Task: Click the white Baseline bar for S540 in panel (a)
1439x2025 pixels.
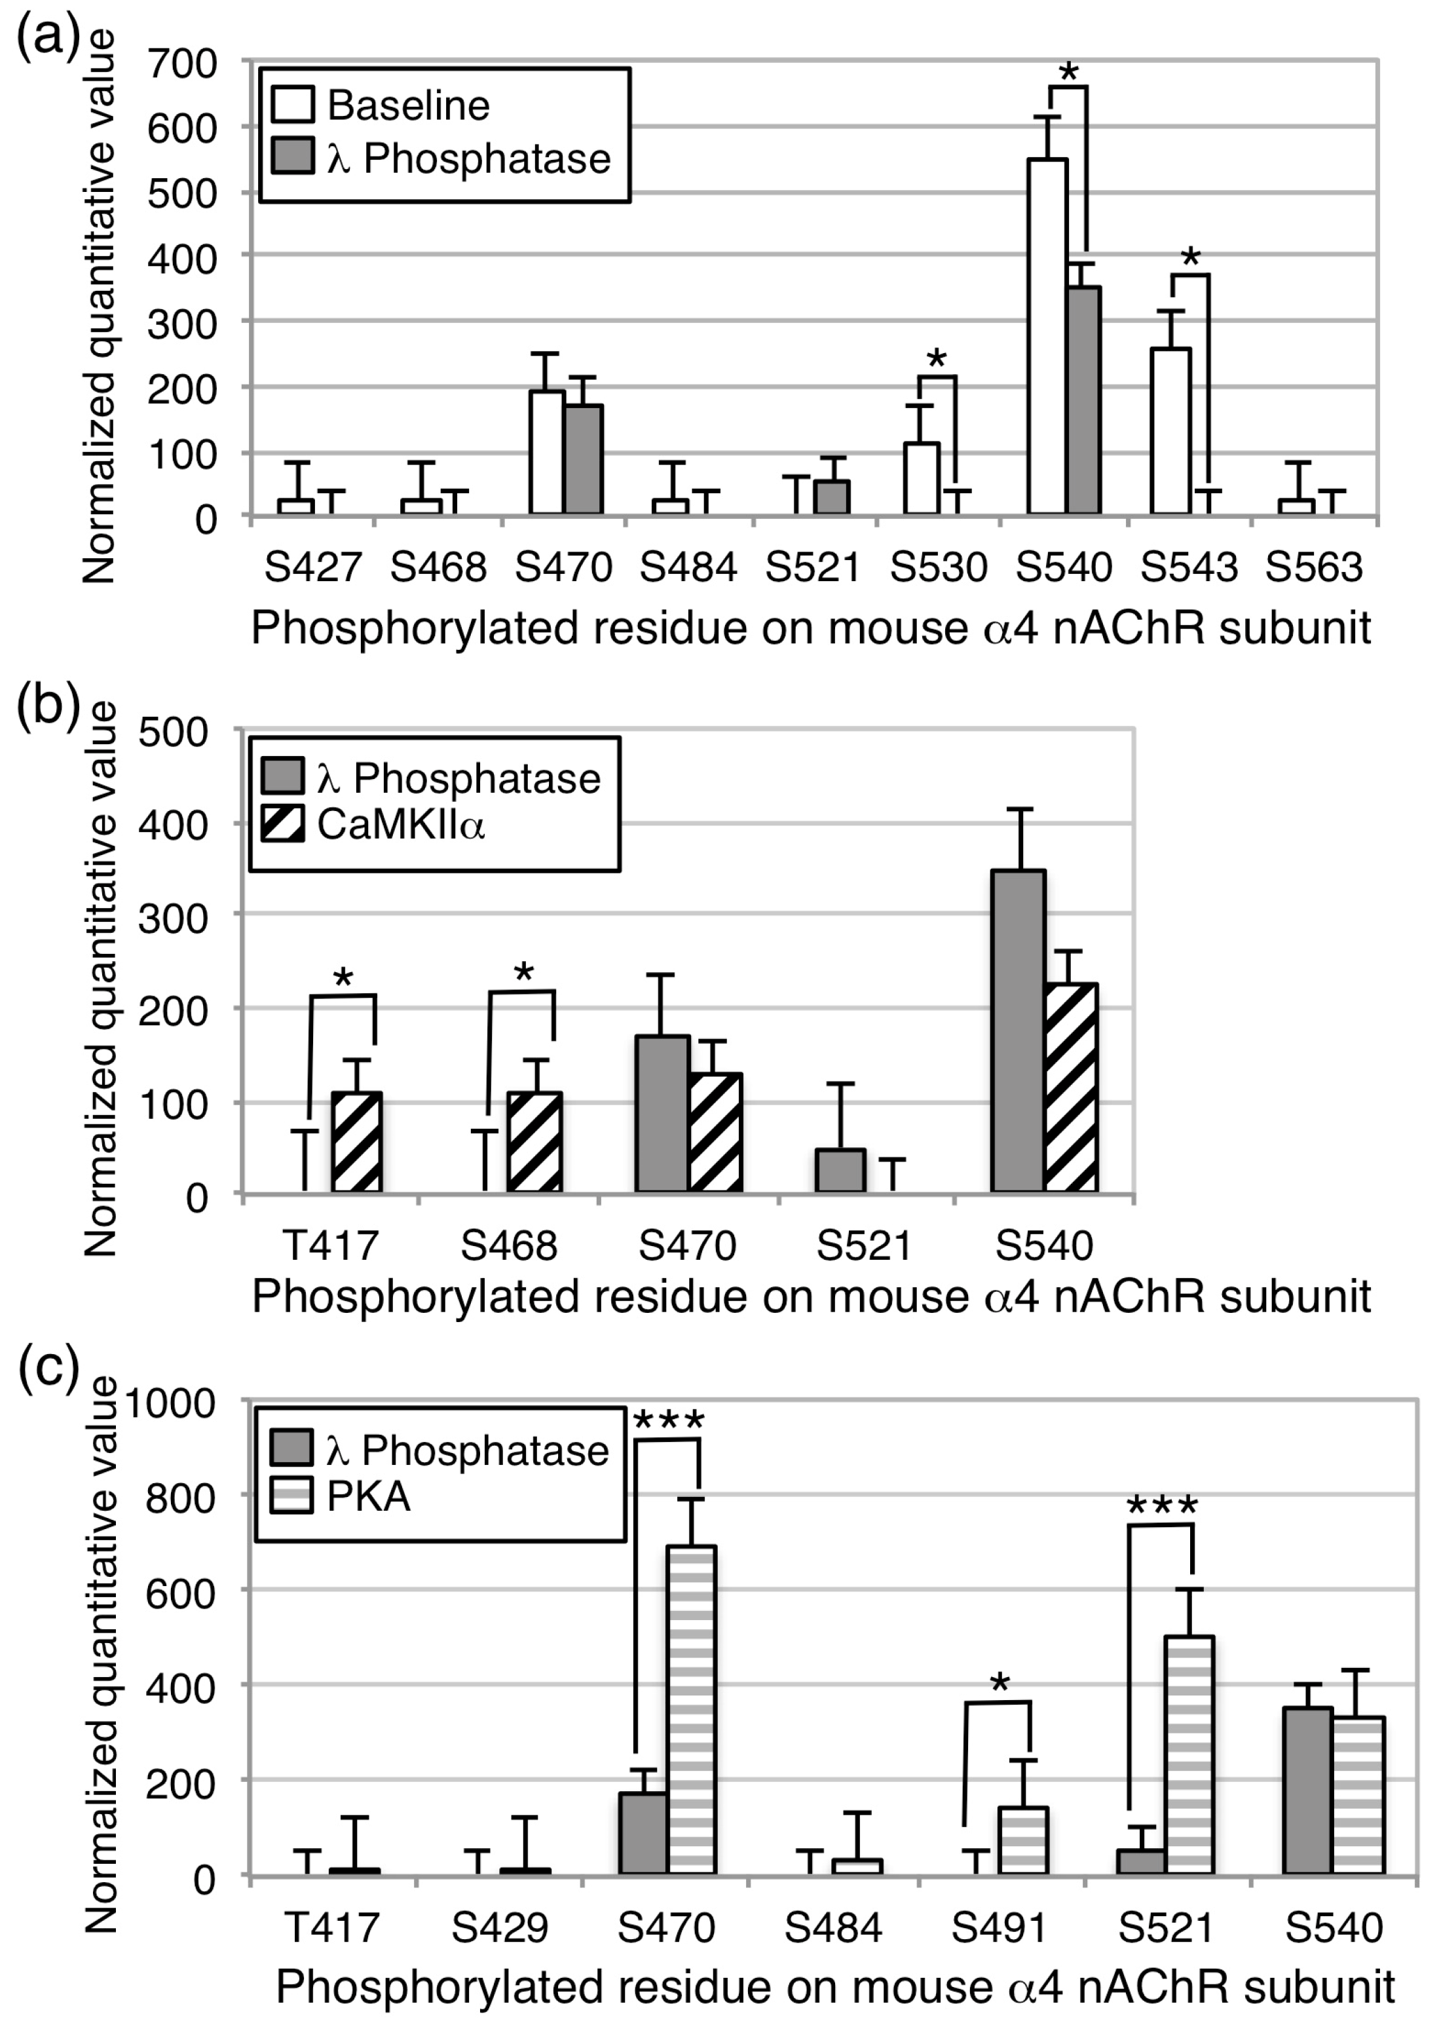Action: click(1047, 337)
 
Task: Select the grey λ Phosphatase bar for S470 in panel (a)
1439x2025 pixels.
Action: click(584, 459)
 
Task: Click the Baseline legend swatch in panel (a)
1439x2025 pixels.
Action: click(292, 105)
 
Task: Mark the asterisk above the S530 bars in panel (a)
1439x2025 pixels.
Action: click(937, 359)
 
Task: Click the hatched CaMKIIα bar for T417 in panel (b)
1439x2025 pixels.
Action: click(357, 1143)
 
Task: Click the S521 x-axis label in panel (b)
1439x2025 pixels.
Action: click(864, 1246)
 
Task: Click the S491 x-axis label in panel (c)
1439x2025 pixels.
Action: click(999, 1927)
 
